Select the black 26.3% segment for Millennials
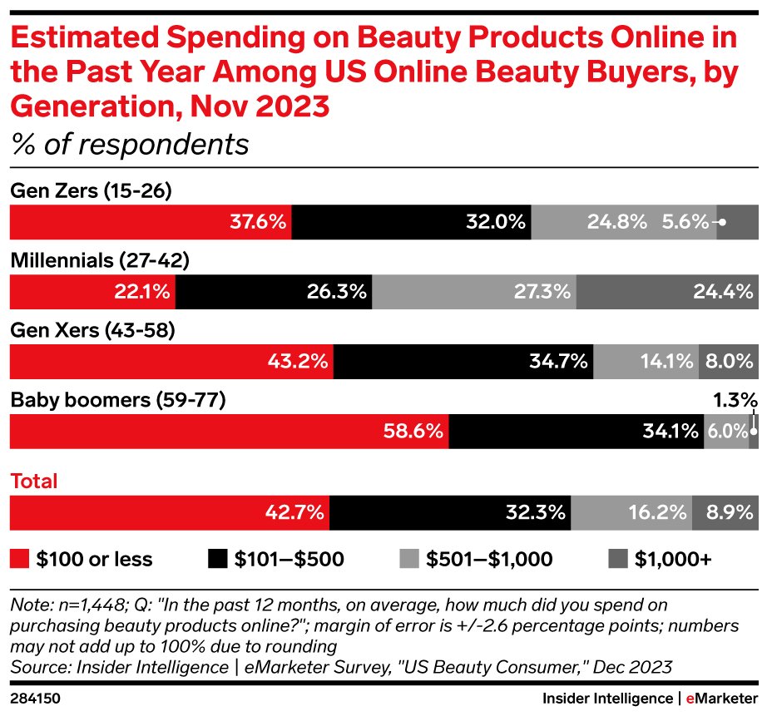275,291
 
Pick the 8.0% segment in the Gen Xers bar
729,362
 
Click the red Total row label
33,481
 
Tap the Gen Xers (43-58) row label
92,331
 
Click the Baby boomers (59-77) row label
117,401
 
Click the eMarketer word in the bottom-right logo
721,696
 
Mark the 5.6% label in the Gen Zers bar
685,222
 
